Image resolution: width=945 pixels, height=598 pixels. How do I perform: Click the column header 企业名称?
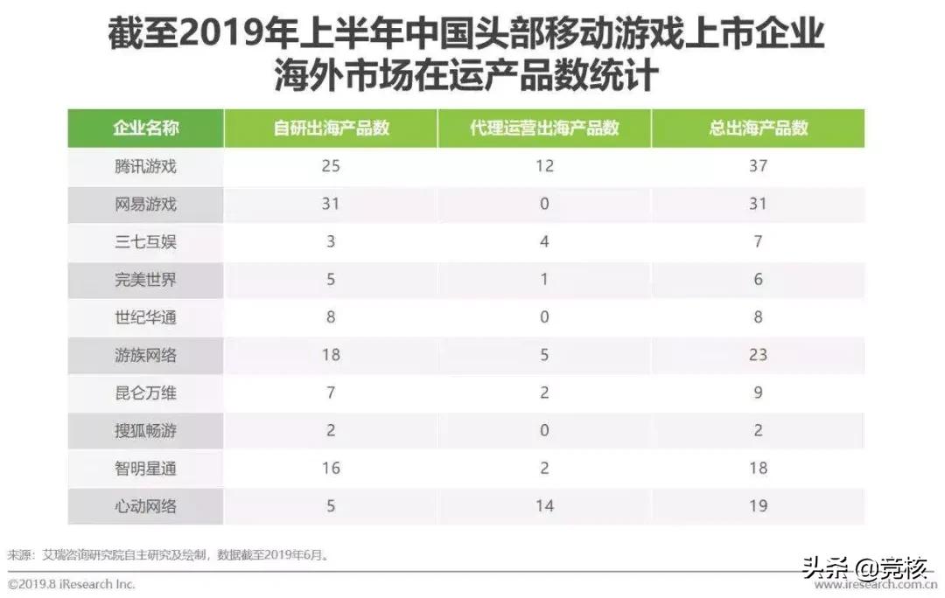click(145, 129)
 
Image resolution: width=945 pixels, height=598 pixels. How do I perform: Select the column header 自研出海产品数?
click(331, 129)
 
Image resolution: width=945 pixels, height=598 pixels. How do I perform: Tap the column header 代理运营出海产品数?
click(544, 129)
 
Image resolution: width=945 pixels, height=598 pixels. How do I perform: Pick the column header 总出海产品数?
click(758, 129)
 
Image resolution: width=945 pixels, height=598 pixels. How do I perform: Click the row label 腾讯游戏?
click(145, 166)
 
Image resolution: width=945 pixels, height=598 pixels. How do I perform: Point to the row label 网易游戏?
click(145, 204)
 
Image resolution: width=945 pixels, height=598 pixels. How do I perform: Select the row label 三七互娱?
click(145, 241)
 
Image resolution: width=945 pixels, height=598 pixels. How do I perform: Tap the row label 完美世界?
click(145, 279)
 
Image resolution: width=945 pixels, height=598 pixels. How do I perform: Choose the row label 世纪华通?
click(145, 317)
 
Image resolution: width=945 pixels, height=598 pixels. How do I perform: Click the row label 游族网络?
click(145, 355)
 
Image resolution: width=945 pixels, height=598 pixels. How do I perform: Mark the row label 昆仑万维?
click(145, 393)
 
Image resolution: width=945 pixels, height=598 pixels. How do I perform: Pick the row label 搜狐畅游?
click(145, 430)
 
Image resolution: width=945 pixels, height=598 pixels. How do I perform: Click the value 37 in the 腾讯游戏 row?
click(758, 166)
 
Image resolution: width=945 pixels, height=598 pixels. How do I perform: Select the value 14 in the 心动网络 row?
click(544, 505)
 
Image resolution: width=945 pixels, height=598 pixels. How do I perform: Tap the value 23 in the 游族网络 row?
click(758, 355)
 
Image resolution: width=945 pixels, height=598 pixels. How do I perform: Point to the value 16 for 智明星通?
click(331, 468)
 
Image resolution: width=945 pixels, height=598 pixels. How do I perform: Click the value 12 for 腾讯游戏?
click(544, 166)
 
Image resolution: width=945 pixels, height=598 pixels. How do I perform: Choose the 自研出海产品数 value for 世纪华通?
click(331, 317)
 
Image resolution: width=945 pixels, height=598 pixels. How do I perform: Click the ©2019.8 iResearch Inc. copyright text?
click(72, 584)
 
